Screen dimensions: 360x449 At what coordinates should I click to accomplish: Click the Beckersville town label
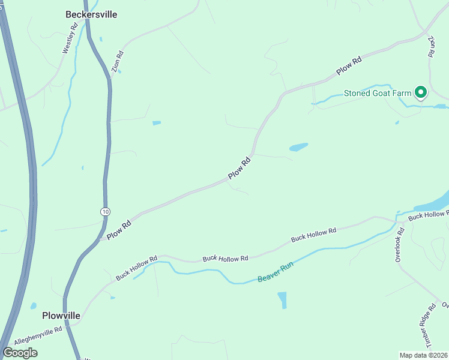pos(91,14)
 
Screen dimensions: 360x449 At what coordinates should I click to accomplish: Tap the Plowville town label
pos(61,315)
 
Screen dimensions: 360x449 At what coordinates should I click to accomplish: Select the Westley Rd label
pos(70,37)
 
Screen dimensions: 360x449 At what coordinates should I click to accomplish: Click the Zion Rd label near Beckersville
pos(118,62)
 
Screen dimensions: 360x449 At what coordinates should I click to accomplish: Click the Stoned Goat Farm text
pos(378,93)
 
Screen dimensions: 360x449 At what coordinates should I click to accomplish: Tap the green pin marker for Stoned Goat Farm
pos(421,92)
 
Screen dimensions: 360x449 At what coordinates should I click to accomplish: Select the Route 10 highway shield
pos(106,211)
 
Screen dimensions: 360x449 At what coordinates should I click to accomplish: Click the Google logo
pos(20,353)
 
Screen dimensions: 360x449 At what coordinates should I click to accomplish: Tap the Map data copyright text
pos(424,355)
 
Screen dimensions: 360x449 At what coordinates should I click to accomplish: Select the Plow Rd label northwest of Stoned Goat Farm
pos(349,65)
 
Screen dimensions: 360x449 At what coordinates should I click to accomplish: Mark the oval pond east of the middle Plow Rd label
pos(298,147)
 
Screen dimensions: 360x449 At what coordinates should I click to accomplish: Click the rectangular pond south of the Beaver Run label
pos(282,300)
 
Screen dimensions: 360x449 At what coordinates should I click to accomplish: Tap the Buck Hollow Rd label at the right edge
pos(428,215)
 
